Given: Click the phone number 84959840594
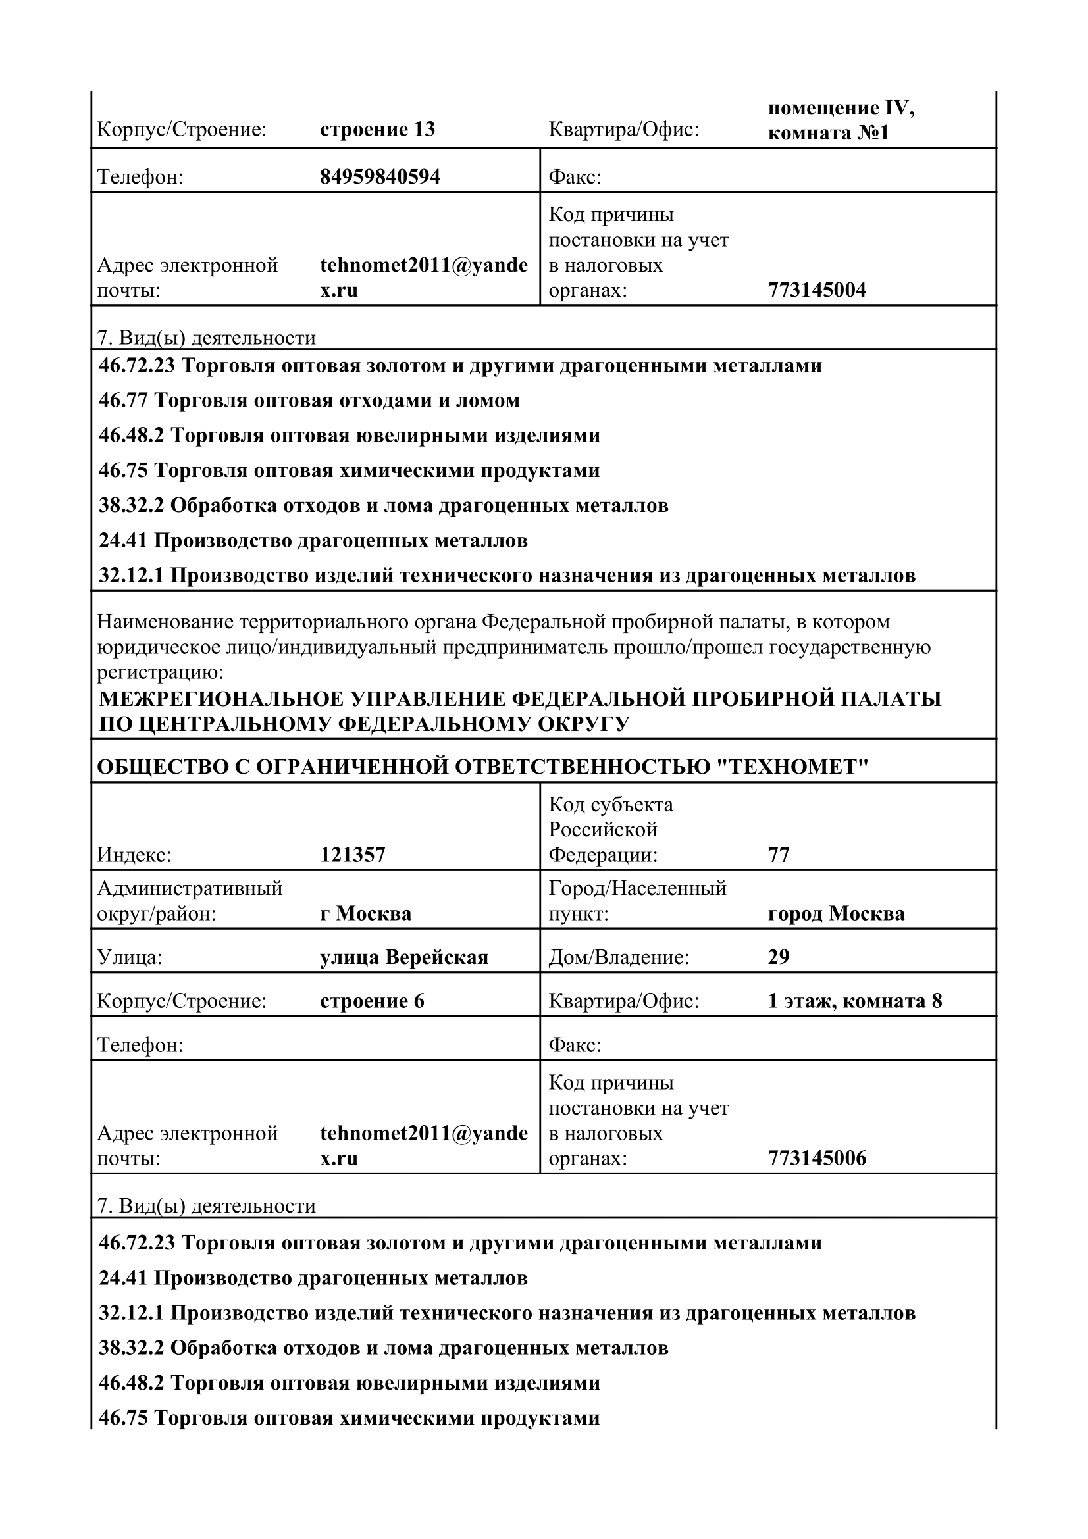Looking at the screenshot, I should pyautogui.click(x=379, y=177).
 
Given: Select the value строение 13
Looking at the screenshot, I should pyautogui.click(x=377, y=130).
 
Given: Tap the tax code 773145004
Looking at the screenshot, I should pyautogui.click(x=817, y=290).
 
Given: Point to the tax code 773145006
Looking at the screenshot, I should pyautogui.click(x=817, y=1158).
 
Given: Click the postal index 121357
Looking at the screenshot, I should pyautogui.click(x=353, y=855).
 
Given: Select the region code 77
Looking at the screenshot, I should pyautogui.click(x=778, y=855).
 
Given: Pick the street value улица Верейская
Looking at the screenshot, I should pyautogui.click(x=404, y=958).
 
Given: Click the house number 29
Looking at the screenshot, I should pyautogui.click(x=778, y=957).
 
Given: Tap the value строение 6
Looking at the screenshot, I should pyautogui.click(x=372, y=1001).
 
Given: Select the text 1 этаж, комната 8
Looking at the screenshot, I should pyautogui.click(x=855, y=1001).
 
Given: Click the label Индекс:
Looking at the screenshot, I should pyautogui.click(x=134, y=855).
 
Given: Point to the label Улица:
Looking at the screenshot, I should pyautogui.click(x=130, y=958).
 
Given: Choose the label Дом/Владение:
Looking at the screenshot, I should pyautogui.click(x=619, y=958).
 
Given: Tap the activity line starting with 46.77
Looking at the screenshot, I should pyautogui.click(x=309, y=401).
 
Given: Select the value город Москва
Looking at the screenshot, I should pyautogui.click(x=836, y=915).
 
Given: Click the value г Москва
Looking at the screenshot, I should pyautogui.click(x=365, y=915).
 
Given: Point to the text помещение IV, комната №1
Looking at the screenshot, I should pyautogui.click(x=841, y=120).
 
